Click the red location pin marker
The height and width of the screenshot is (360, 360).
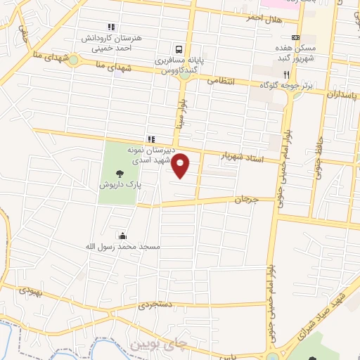(x=181, y=165)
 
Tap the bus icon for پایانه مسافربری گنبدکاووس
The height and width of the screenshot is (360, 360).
(x=180, y=50)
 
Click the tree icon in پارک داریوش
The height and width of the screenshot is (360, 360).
(x=120, y=174)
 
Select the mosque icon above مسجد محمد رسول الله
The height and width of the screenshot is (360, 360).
(x=123, y=236)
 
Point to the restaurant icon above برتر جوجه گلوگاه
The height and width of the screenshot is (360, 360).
(x=286, y=74)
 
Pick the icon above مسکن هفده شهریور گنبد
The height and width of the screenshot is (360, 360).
(x=295, y=38)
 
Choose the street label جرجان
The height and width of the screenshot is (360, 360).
(x=247, y=200)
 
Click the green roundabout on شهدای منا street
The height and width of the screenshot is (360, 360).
(x=72, y=60)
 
